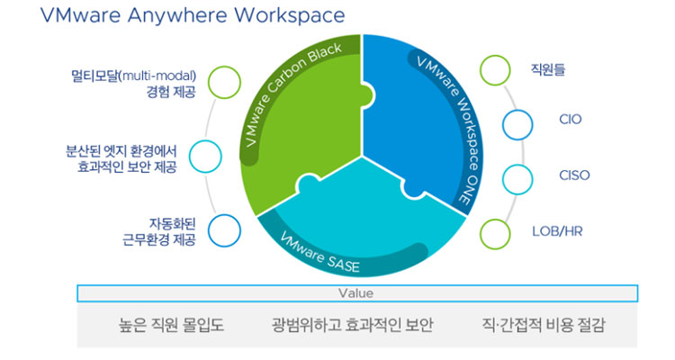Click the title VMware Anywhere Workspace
(193, 15)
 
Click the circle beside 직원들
(495, 70)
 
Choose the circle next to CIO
(517, 125)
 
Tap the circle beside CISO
(517, 179)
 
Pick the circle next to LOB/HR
(495, 234)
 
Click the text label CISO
(574, 175)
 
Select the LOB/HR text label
(557, 231)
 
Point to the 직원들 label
(547, 70)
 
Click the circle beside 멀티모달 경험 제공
(224, 82)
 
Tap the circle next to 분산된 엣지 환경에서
(205, 157)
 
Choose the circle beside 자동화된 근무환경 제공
(224, 230)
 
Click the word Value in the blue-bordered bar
(355, 293)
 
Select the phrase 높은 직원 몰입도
(171, 324)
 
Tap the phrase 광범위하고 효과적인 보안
(352, 324)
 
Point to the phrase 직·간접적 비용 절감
(544, 324)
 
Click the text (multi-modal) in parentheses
(157, 76)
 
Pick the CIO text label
(571, 120)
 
